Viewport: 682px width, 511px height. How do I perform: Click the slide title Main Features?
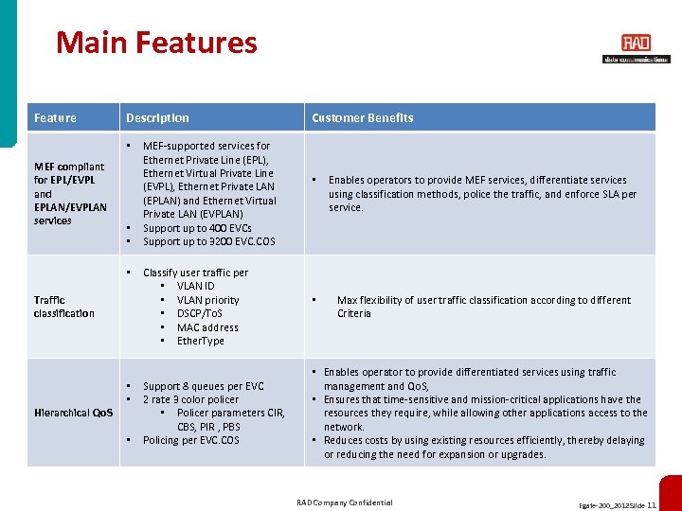coord(156,43)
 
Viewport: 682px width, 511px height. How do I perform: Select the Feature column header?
coord(55,118)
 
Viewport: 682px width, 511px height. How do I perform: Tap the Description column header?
coord(157,118)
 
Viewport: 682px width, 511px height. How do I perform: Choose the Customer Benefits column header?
coord(362,118)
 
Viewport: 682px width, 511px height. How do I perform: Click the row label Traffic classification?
coord(64,307)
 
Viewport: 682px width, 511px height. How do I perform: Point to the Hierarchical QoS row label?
coord(73,413)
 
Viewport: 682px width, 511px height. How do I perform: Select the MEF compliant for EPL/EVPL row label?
coord(69,193)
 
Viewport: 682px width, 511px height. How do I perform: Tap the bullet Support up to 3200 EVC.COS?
coord(208,241)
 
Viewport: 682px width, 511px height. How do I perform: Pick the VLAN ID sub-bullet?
coord(195,286)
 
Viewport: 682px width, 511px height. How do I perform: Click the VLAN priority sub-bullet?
coord(207,300)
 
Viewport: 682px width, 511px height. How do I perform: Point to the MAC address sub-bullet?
coord(207,327)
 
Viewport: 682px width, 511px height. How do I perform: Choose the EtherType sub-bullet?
coord(200,341)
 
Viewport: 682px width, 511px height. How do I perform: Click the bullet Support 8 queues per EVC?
coord(203,386)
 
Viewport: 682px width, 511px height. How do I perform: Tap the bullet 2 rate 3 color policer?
coord(190,399)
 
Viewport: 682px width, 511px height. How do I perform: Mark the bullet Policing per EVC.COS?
coord(190,440)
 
